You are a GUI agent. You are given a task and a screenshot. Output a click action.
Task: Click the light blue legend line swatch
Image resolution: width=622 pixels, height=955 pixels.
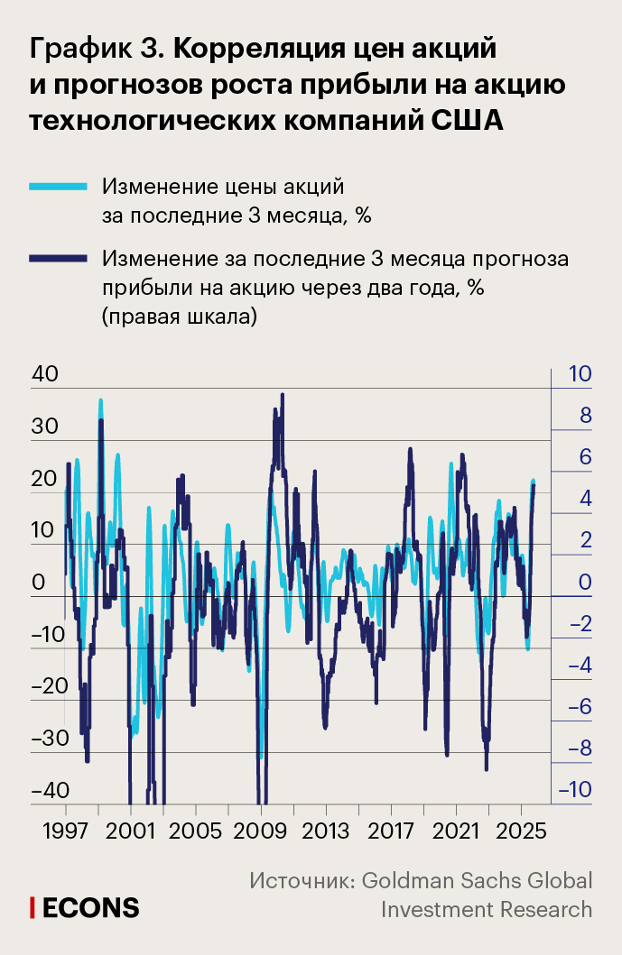59,187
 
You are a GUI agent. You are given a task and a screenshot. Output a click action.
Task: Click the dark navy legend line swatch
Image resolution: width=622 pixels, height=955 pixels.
59,259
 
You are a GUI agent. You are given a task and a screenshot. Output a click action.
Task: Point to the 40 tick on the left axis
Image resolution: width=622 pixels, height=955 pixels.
43,373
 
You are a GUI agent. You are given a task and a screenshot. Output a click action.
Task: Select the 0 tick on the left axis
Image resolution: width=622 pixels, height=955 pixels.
38,582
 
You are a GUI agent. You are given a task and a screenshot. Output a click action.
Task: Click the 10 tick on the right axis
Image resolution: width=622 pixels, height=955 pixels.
578,373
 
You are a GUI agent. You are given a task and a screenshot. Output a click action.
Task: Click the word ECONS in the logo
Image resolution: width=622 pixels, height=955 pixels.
91,906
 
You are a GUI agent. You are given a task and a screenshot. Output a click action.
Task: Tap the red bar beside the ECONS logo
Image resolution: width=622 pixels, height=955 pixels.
32,906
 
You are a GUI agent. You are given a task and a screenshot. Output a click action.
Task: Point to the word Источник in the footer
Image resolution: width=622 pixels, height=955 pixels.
302,880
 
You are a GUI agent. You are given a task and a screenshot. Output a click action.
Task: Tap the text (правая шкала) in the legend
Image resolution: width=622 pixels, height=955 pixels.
180,317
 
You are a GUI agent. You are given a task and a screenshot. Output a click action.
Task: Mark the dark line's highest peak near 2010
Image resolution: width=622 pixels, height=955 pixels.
283,395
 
